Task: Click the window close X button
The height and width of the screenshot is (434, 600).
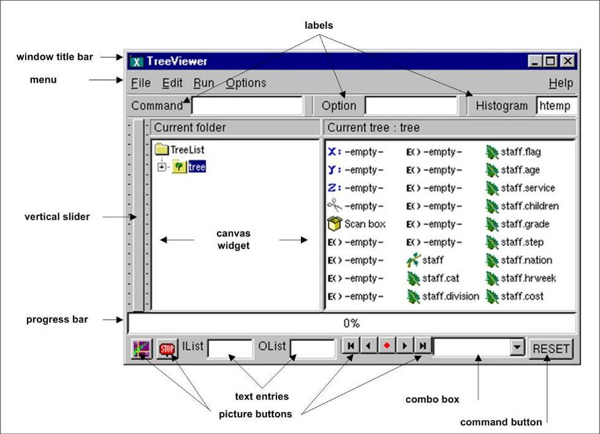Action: click(568, 61)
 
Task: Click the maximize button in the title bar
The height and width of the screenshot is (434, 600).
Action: click(550, 61)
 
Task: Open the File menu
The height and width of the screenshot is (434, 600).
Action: click(141, 83)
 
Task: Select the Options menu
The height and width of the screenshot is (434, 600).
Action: click(246, 83)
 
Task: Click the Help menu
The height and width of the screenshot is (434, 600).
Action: click(561, 83)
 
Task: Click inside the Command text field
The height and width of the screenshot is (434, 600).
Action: click(247, 105)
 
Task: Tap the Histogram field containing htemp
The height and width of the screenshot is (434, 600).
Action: click(556, 105)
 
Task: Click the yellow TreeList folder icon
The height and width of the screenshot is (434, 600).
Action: click(162, 149)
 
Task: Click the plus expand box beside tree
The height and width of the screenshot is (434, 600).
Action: click(162, 167)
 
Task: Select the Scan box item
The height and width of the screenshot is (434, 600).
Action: click(357, 224)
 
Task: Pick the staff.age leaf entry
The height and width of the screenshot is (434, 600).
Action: click(513, 170)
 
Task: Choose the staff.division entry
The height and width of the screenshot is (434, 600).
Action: click(442, 296)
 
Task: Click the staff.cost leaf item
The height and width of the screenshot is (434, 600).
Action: click(515, 296)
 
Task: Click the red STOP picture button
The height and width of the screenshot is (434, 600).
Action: click(167, 349)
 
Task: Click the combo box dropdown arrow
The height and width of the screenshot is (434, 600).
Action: click(517, 347)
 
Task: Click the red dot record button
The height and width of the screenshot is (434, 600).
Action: click(387, 345)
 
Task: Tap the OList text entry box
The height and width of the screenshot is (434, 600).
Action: click(313, 349)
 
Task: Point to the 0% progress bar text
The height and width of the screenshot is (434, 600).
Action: click(351, 324)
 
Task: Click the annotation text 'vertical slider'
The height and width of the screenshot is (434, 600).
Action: click(57, 217)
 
